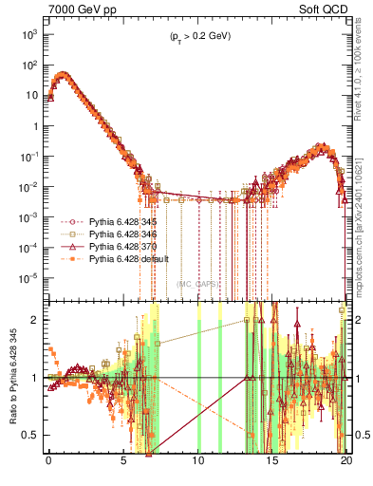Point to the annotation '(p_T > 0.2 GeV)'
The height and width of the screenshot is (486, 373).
[x=196, y=36]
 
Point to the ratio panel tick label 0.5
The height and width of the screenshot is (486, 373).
[x=32, y=435]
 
